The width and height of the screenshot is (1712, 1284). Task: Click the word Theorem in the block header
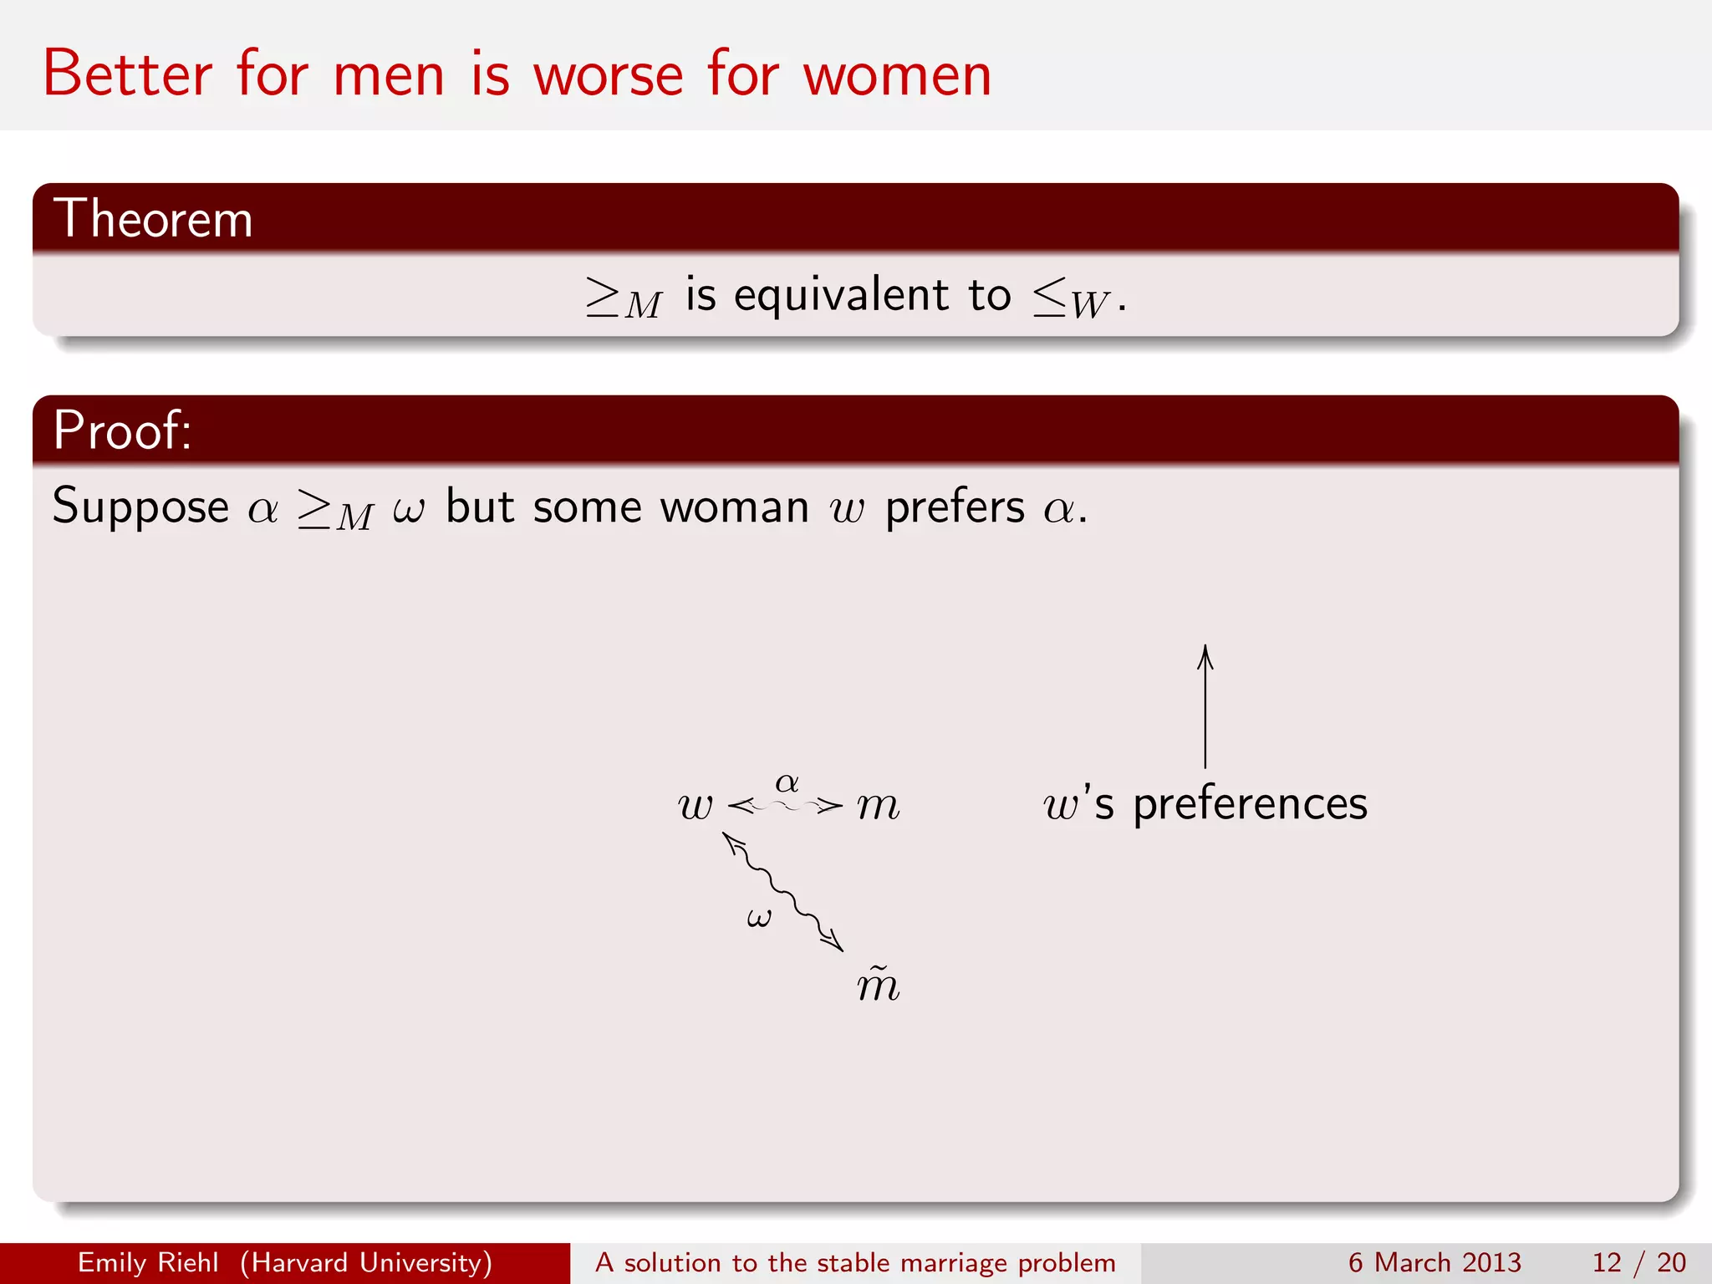(153, 219)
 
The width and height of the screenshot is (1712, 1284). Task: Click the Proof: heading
(122, 431)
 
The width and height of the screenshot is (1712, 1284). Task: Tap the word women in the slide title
(897, 75)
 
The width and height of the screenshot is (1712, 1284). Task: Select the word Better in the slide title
(128, 75)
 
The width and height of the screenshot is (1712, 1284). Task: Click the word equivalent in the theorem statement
(841, 295)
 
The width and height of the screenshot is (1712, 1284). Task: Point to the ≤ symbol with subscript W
(1049, 297)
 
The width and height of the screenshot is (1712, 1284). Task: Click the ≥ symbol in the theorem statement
(603, 297)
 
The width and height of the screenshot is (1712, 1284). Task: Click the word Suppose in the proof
(140, 507)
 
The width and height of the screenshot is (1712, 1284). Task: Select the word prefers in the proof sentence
(955, 507)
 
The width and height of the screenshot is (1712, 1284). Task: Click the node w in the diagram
(695, 806)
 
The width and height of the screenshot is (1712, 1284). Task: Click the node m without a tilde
(878, 806)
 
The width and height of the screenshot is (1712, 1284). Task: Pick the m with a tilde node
(878, 984)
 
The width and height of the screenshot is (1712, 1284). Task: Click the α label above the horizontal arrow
(787, 783)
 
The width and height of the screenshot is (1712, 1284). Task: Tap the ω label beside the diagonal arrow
(759, 918)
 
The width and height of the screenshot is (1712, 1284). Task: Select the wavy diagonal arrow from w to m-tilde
(784, 892)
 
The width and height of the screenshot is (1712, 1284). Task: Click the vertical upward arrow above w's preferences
(1205, 706)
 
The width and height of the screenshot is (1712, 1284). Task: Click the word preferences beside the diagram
(1250, 804)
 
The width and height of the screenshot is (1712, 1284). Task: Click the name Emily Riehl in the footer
(148, 1262)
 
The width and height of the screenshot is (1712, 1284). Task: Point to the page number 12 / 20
(1638, 1262)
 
